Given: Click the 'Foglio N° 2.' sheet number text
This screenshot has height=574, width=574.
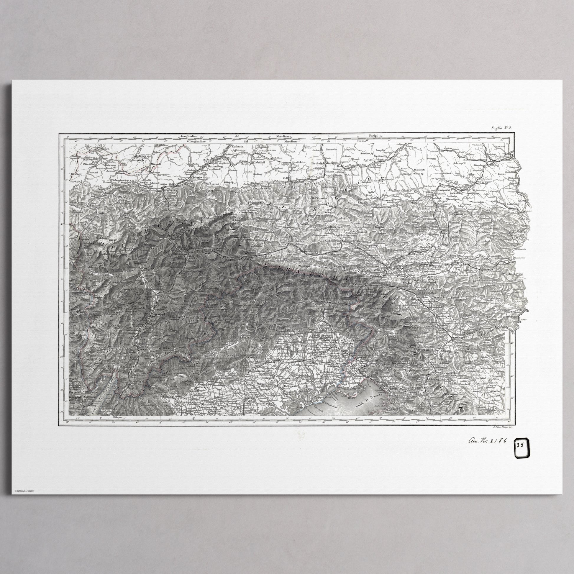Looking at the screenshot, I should tap(501, 128).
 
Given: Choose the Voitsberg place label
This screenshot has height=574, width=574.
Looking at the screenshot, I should tap(510, 204).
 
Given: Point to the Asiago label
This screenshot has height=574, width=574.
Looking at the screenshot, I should tap(181, 376).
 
